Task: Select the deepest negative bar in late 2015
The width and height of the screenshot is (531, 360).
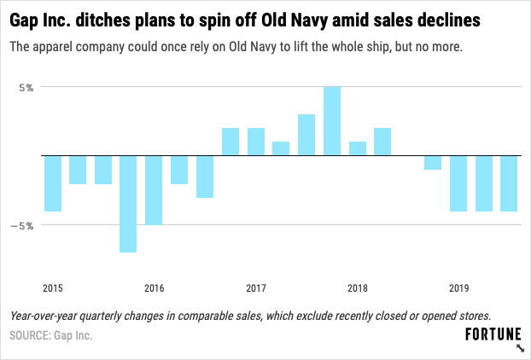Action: click(128, 204)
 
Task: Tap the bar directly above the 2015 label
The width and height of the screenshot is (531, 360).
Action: click(53, 183)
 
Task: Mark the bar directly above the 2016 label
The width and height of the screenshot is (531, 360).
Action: click(154, 190)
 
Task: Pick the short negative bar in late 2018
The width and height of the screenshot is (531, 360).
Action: click(433, 163)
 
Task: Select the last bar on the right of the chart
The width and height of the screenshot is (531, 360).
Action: click(509, 183)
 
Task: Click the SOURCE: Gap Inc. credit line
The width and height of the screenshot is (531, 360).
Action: click(50, 335)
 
